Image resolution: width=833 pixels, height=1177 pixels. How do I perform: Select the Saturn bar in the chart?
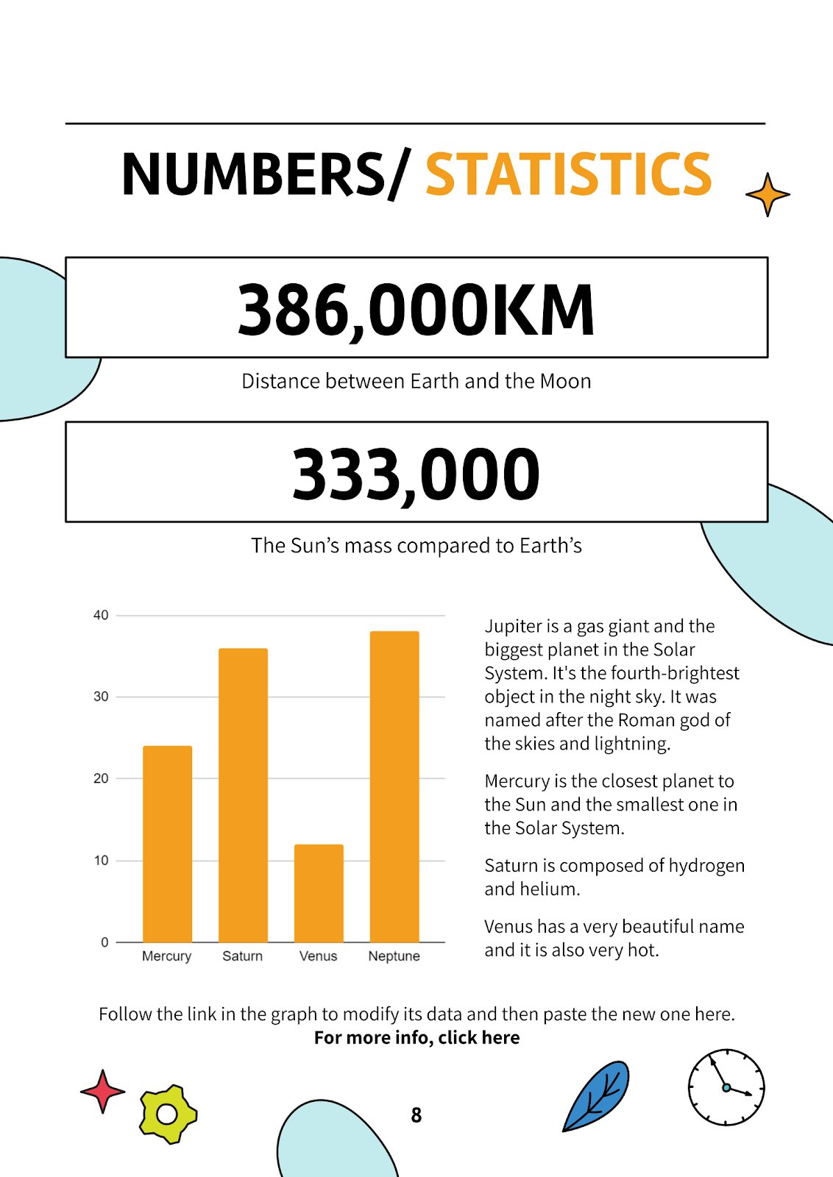coord(243,794)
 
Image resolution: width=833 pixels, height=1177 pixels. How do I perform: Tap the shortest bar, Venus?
coord(319,893)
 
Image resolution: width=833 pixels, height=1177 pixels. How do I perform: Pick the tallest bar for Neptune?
coord(394,786)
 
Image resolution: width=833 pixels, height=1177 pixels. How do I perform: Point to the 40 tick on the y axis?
coord(101,615)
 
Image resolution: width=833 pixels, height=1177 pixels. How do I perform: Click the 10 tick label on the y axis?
coord(101,860)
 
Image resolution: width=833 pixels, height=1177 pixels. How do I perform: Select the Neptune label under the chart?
coord(394,956)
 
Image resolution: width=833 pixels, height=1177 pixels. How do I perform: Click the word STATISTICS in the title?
coord(568,174)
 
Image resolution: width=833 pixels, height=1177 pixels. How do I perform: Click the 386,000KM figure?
coord(416,309)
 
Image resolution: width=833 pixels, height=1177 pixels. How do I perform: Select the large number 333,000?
coord(416,474)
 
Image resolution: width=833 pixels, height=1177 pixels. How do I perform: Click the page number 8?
coord(416,1115)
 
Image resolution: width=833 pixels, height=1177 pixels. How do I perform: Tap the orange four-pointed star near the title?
coord(768,195)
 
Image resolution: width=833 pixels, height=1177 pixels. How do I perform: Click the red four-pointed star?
coord(102,1091)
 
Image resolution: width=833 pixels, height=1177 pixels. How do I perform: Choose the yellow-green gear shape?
coord(168,1114)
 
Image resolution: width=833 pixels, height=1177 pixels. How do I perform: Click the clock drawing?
coord(726,1087)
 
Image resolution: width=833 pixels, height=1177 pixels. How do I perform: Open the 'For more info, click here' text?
coord(416,1037)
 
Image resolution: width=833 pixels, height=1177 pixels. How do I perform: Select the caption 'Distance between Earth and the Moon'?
coord(416,381)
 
